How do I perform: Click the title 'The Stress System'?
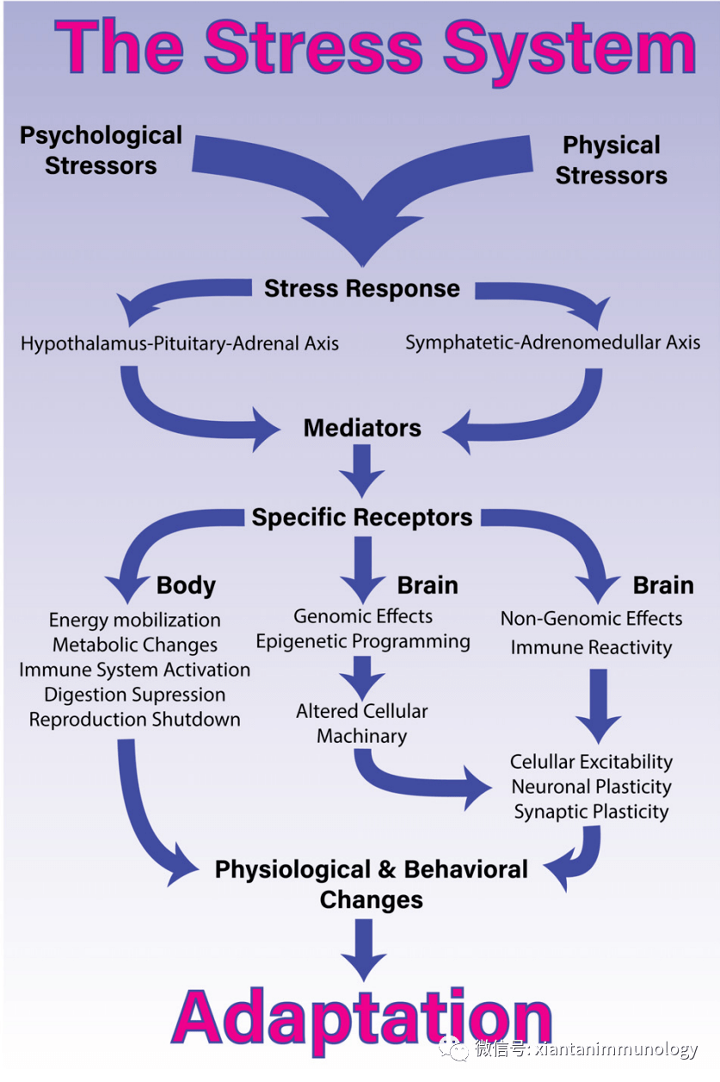[x=375, y=47]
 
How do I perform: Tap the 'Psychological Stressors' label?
[x=101, y=150]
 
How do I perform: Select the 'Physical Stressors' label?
[x=611, y=160]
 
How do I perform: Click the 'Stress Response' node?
[x=361, y=288]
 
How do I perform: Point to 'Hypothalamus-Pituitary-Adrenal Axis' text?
[x=180, y=343]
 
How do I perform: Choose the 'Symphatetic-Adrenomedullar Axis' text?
[x=552, y=343]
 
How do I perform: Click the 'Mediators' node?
[x=362, y=428]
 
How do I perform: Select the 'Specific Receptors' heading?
[x=362, y=517]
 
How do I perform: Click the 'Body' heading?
[x=186, y=586]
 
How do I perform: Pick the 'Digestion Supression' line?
[x=135, y=695]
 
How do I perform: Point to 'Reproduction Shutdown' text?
[x=135, y=720]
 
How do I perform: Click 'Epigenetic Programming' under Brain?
[x=363, y=641]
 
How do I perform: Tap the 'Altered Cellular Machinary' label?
[x=362, y=724]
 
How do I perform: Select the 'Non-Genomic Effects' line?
[x=591, y=618]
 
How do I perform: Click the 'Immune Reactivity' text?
[x=591, y=647]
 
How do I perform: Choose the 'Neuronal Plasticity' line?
[x=591, y=787]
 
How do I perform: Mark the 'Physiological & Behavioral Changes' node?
[x=372, y=884]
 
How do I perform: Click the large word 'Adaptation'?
[x=362, y=1020]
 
